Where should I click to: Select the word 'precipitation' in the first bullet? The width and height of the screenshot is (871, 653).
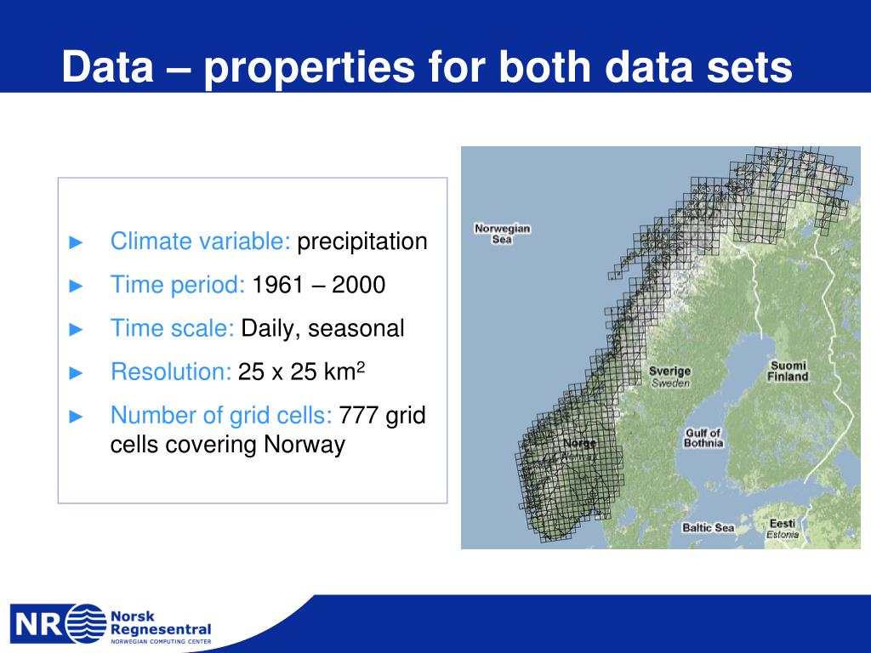[362, 242]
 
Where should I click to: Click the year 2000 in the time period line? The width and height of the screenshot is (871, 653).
[359, 285]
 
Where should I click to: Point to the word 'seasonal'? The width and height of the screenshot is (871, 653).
[356, 328]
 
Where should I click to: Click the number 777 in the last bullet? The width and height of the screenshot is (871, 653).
[359, 415]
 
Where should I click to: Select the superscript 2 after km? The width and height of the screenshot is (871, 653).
[361, 366]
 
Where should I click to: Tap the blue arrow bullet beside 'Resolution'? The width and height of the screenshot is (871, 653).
[76, 372]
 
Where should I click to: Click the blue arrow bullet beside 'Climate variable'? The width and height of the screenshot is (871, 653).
[76, 242]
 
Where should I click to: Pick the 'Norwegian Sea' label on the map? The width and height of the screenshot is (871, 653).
[502, 234]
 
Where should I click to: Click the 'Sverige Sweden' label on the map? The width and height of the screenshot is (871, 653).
[670, 377]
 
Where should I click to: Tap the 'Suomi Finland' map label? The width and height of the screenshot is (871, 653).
[788, 371]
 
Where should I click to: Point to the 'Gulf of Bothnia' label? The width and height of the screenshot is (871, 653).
[703, 438]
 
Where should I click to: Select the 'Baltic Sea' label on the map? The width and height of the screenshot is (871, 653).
[709, 527]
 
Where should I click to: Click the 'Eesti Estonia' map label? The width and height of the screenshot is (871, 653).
[783, 529]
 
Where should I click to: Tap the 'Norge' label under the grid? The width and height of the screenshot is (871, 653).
[579, 443]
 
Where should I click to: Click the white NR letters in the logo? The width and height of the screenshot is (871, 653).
[38, 624]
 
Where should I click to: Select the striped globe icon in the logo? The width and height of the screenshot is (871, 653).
[87, 623]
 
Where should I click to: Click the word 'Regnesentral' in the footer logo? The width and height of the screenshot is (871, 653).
[161, 630]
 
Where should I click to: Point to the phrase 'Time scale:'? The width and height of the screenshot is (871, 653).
[173, 328]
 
